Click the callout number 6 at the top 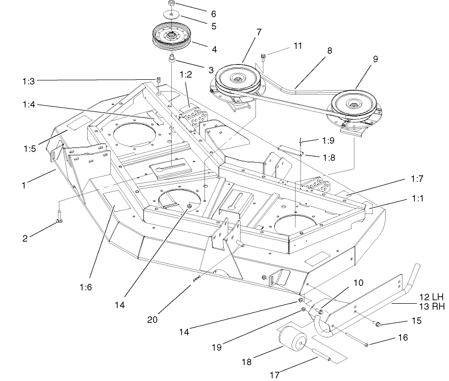pos(213,14)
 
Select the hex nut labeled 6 pos(171,4)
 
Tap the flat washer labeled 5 pos(171,16)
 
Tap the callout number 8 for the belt pos(329,50)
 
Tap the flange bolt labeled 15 pos(378,325)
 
